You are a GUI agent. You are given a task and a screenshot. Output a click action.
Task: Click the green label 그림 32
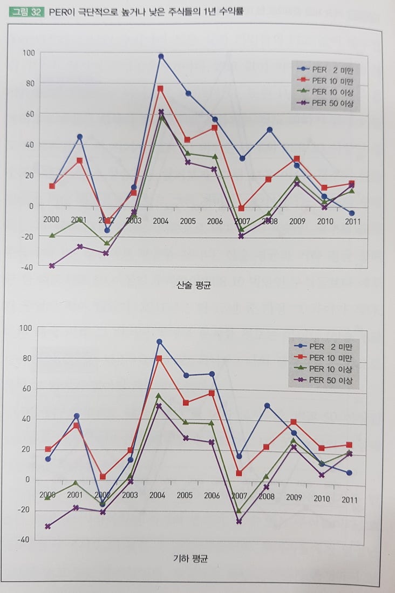[x=26, y=11]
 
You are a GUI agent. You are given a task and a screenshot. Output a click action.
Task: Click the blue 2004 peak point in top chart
[x=161, y=56]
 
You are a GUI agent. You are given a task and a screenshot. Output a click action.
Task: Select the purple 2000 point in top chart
[x=52, y=266]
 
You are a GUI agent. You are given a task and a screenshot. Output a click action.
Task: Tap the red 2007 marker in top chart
[x=242, y=208]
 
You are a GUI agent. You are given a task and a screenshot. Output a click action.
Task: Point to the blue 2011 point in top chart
[x=351, y=213]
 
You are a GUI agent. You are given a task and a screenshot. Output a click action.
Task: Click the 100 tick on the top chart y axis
[x=28, y=53]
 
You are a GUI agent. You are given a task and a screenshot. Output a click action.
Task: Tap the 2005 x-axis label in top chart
[x=188, y=221]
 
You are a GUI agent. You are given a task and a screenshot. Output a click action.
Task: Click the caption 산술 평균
[x=193, y=285]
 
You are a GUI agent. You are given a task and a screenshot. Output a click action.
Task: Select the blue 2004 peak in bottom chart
[x=159, y=342]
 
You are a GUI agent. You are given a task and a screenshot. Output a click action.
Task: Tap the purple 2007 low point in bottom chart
[x=239, y=522]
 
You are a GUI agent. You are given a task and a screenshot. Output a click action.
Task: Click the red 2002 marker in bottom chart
[x=103, y=477]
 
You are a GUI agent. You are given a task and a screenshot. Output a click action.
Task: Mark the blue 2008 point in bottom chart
[x=267, y=406]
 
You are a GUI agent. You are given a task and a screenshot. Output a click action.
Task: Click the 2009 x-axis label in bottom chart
[x=294, y=497]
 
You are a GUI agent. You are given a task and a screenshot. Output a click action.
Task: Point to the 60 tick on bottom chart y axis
[x=27, y=388]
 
